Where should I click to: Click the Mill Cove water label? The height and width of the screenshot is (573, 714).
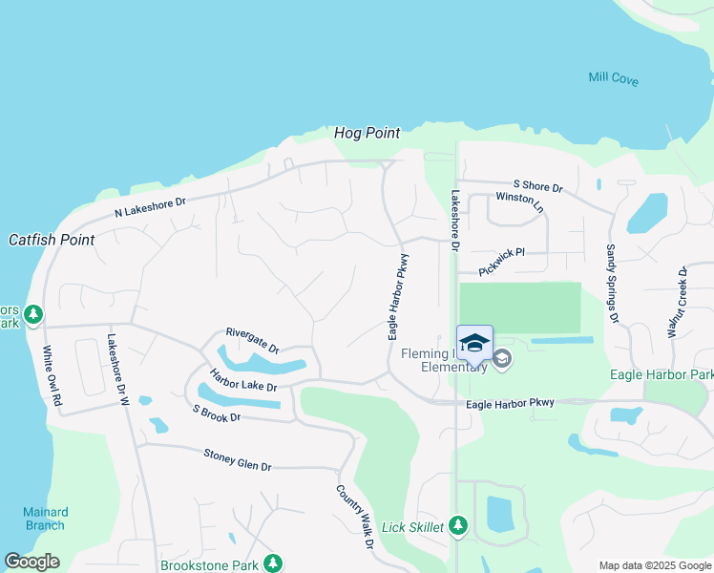click(613, 78)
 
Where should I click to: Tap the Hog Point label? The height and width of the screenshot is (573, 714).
click(367, 133)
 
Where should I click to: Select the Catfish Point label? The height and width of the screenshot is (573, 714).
click(52, 240)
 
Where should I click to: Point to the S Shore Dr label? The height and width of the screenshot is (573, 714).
click(537, 186)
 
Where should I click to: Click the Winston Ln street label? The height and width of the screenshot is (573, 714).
click(519, 202)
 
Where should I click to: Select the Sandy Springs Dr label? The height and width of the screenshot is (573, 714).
click(611, 282)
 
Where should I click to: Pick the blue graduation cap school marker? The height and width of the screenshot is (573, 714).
click(474, 342)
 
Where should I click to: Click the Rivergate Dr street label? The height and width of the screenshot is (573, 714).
click(252, 341)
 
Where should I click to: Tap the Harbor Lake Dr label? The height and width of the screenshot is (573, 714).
click(242, 380)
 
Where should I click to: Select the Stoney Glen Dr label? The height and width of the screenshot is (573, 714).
click(238, 460)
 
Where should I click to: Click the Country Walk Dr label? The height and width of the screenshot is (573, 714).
click(353, 517)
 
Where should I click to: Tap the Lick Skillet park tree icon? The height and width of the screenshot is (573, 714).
click(458, 525)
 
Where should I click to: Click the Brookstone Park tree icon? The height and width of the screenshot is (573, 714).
click(274, 563)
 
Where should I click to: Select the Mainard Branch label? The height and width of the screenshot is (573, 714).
click(45, 519)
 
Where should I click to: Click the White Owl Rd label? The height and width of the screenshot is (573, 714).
click(51, 377)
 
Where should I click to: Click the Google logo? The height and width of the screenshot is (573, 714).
click(31, 562)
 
